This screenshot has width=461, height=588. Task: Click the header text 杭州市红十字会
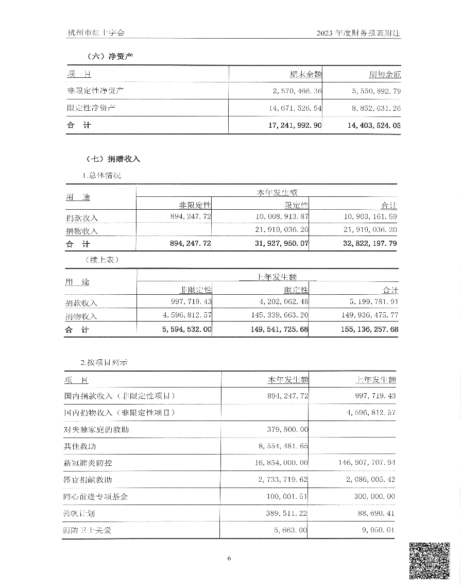(96, 32)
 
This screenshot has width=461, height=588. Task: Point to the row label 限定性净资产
(91, 108)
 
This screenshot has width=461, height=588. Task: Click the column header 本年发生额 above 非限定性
(278, 193)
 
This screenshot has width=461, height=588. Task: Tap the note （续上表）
(101, 259)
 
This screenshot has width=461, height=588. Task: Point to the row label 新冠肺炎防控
(88, 463)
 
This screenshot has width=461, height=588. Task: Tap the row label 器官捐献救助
(88, 480)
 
